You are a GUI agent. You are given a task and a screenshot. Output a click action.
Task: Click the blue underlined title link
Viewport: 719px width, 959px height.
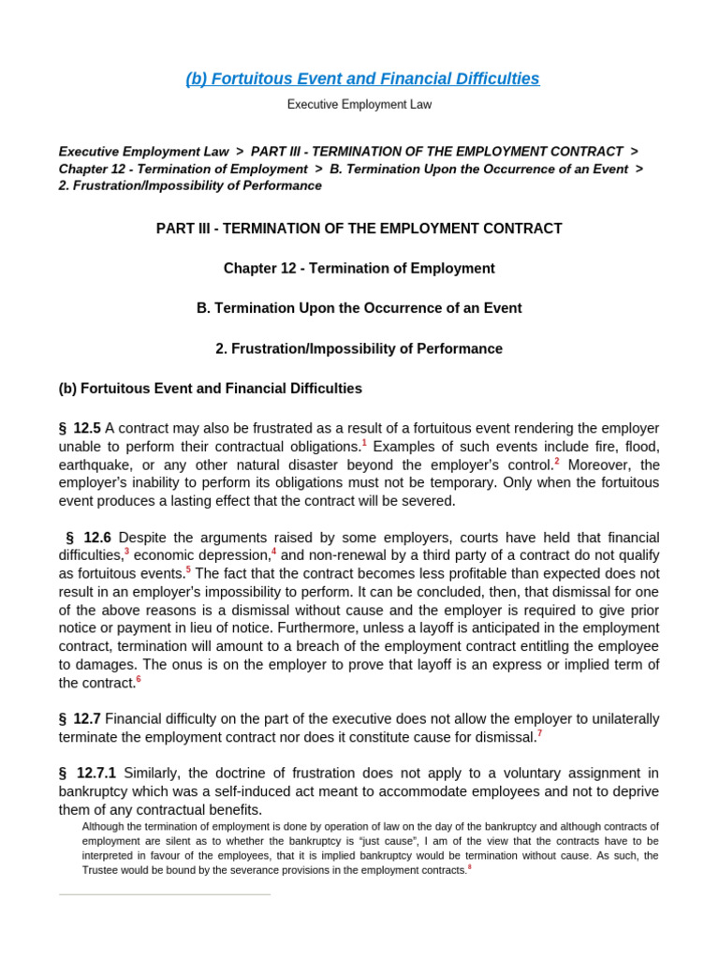(x=362, y=79)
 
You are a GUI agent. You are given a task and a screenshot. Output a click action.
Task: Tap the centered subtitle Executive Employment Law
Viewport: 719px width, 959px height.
(x=359, y=105)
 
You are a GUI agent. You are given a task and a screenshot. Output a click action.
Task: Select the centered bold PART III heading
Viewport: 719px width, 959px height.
(x=359, y=229)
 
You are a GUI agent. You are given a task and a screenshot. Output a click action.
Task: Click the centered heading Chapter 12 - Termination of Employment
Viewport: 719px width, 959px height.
(x=359, y=269)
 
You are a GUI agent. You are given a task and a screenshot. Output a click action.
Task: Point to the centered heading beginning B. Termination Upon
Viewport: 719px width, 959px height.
(x=359, y=308)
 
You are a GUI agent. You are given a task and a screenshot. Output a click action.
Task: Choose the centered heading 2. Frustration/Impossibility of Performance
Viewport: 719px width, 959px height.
(x=359, y=348)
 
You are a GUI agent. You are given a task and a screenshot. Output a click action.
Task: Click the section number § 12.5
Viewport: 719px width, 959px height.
(x=80, y=428)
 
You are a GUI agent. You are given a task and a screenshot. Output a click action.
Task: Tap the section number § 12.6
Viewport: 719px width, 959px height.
(x=88, y=538)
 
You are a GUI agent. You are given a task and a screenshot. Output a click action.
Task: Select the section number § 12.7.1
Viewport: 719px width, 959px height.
(x=87, y=774)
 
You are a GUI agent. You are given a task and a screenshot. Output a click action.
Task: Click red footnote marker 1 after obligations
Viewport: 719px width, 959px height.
(x=364, y=442)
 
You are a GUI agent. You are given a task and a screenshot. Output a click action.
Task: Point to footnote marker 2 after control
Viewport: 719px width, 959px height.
(x=557, y=460)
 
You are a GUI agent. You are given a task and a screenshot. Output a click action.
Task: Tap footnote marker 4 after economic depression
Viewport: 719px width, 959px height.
(x=273, y=552)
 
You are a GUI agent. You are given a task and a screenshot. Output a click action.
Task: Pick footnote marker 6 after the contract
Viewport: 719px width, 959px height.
(x=139, y=679)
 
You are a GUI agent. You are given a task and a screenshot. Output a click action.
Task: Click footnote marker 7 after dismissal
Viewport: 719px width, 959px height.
(x=539, y=733)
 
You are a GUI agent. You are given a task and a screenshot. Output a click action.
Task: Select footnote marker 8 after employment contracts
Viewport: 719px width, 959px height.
(x=470, y=866)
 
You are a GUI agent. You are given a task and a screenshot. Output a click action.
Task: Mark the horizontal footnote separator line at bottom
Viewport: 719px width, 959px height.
(x=165, y=894)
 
